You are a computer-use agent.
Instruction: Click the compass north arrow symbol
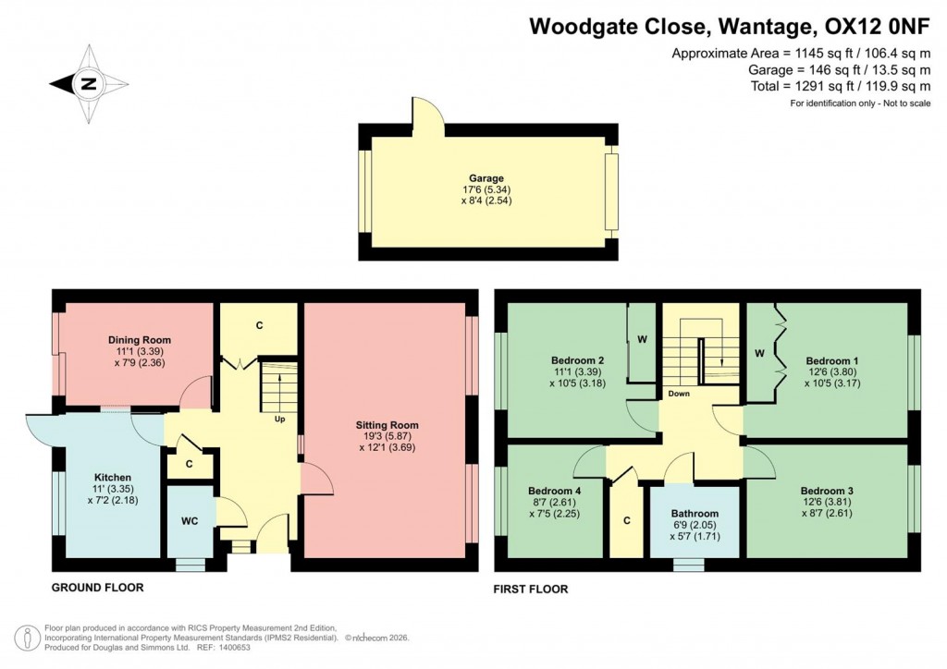coord(87,84)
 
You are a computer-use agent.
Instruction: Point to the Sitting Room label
coord(383,426)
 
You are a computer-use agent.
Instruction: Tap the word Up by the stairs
coord(278,419)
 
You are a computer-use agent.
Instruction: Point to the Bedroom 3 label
coord(827,491)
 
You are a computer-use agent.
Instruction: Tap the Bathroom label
coord(695,514)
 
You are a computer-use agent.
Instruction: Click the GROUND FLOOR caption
coord(97,588)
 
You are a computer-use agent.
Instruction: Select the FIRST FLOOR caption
coord(532,589)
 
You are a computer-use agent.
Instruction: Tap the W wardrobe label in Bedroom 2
coord(641,338)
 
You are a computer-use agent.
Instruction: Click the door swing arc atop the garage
coord(426,111)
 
